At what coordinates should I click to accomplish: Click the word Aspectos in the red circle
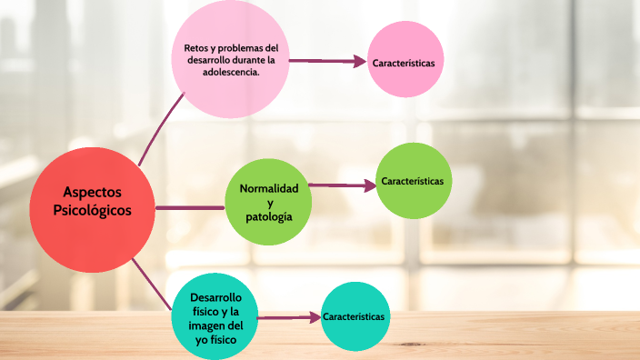[x=92, y=192]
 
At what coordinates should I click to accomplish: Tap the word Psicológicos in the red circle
[x=92, y=210]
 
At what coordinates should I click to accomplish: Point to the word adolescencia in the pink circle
[x=230, y=74]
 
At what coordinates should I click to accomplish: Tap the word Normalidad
[x=268, y=188]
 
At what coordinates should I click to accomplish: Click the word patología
[x=268, y=218]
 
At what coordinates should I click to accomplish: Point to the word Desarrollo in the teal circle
[x=215, y=298]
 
